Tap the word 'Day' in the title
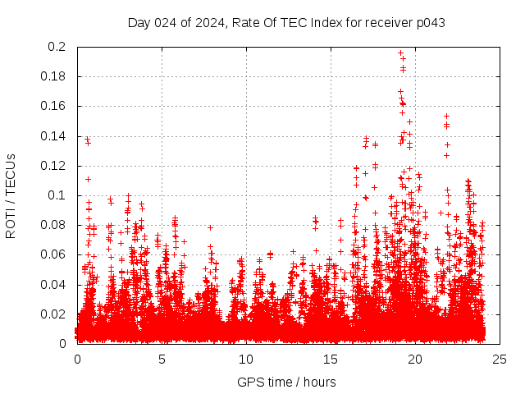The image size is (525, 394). (x=139, y=22)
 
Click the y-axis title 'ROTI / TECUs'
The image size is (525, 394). (x=11, y=195)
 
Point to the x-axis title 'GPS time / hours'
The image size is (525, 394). (x=286, y=382)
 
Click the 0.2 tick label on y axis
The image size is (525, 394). (x=57, y=47)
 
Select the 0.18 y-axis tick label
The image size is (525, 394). (x=54, y=76)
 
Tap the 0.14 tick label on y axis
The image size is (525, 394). (x=54, y=135)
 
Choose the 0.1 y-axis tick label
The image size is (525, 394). (x=57, y=195)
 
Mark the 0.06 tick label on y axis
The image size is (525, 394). (x=54, y=254)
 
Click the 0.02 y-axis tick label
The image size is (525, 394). (x=54, y=314)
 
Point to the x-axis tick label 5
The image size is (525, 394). (x=162, y=359)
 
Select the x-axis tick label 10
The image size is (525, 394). (x=246, y=359)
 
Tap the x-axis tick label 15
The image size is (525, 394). (x=331, y=359)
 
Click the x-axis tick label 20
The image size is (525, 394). (x=415, y=359)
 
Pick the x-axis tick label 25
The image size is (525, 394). (x=500, y=359)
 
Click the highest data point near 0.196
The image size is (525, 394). (x=400, y=53)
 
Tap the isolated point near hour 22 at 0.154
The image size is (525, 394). (x=446, y=116)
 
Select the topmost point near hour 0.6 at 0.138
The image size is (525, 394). (x=87, y=140)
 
